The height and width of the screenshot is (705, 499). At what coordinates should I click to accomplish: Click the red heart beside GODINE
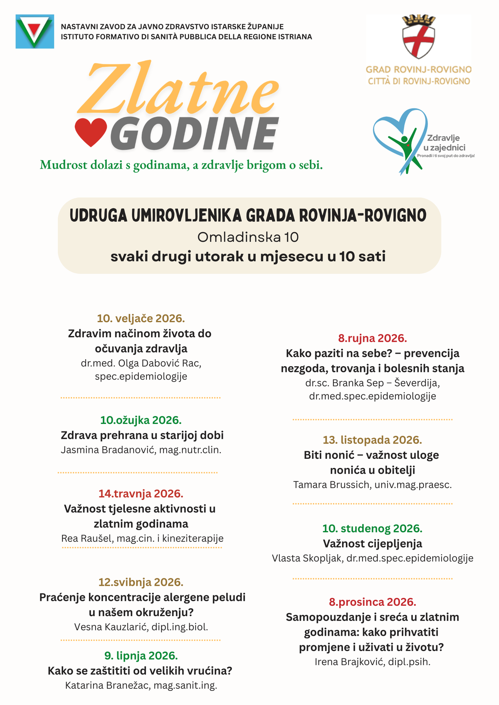pos(91,132)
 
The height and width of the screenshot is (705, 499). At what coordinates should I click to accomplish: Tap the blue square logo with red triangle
pos(35,32)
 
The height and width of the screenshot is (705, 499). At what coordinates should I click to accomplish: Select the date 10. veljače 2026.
pos(141,318)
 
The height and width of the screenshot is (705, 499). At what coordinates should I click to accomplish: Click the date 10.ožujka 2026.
pos(141,420)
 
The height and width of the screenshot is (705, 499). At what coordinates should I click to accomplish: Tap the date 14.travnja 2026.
pos(141,494)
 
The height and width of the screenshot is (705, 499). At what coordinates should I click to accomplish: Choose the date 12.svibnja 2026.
pos(141,582)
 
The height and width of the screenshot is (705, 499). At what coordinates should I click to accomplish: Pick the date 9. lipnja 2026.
pos(141,656)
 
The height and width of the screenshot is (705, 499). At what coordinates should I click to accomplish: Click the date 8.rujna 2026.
pos(373,338)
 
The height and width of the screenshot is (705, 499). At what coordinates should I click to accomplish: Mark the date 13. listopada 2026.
pos(373,440)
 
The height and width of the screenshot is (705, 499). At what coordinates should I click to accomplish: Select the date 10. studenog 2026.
pos(373,529)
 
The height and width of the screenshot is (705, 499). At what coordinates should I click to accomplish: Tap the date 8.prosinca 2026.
pos(373,602)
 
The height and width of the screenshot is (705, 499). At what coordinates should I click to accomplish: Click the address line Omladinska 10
pos(248,237)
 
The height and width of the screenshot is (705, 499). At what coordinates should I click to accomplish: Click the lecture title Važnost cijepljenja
pos(373,543)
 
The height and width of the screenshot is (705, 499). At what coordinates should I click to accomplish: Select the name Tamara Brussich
pos(331,485)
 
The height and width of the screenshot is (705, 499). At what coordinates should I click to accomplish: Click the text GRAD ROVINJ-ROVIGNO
pos(419,69)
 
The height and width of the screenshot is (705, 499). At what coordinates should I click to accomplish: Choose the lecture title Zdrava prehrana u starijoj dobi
pos(142,435)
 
